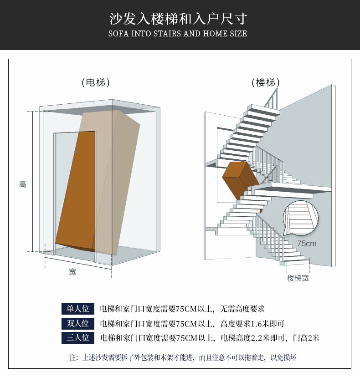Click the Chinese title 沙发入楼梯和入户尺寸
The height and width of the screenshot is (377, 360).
pyautogui.click(x=178, y=19)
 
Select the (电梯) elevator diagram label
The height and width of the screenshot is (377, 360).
pyautogui.click(x=96, y=82)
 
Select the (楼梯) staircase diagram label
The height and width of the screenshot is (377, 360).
pyautogui.click(x=266, y=82)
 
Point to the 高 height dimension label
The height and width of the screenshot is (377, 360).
pyautogui.click(x=23, y=184)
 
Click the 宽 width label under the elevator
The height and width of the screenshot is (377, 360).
pyautogui.click(x=72, y=272)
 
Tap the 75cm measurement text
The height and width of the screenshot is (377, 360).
pyautogui.click(x=307, y=244)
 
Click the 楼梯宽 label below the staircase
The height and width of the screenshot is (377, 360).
pyautogui.click(x=298, y=278)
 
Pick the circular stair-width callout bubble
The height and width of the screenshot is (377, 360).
pyautogui.click(x=301, y=218)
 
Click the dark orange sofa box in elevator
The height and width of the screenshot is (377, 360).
pyautogui.click(x=76, y=191)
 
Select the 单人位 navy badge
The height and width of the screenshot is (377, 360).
pyautogui.click(x=78, y=309)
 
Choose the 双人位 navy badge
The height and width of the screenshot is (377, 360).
pyautogui.click(x=78, y=323)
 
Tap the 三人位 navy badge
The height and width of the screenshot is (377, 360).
pyautogui.click(x=78, y=338)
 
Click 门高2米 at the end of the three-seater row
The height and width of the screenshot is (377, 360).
pyautogui.click(x=306, y=338)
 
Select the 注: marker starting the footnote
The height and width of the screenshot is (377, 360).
pyautogui.click(x=73, y=357)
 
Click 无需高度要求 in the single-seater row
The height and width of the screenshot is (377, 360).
pyautogui.click(x=242, y=309)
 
